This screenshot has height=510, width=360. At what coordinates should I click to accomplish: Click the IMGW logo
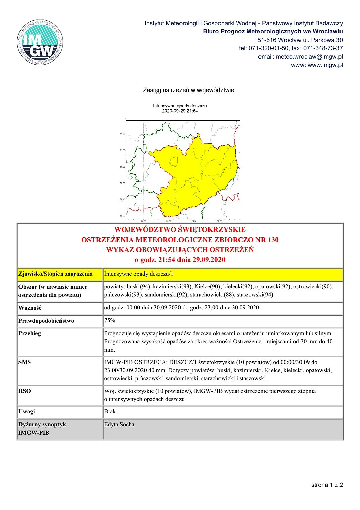pyautogui.click(x=40, y=42)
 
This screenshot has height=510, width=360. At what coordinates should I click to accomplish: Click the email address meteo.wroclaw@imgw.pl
pyautogui.click(x=309, y=57)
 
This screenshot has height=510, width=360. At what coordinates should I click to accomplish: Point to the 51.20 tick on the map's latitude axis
pyautogui.click(x=122, y=134)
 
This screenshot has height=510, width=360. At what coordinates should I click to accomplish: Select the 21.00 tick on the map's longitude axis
pyautogui.click(x=194, y=221)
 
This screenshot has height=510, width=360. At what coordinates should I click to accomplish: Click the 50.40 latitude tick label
pyautogui.click(x=122, y=199)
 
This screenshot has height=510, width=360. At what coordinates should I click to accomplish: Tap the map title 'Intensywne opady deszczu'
pyautogui.click(x=180, y=106)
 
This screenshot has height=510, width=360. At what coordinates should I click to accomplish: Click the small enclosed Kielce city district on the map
pyautogui.click(x=174, y=162)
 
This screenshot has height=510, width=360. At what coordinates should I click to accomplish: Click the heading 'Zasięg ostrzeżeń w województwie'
pyautogui.click(x=188, y=90)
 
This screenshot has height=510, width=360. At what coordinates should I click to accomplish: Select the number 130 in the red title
pyautogui.click(x=273, y=240)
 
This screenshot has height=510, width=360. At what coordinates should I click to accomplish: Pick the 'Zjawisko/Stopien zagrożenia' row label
pyautogui.click(x=55, y=274)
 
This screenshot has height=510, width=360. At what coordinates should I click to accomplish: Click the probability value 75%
pyautogui.click(x=110, y=321)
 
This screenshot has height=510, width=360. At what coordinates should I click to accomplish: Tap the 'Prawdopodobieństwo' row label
pyautogui.click(x=46, y=321)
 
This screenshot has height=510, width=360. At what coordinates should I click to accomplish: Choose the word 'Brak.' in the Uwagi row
pyautogui.click(x=111, y=411)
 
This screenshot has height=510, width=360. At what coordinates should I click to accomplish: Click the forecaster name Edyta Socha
pyautogui.click(x=119, y=424)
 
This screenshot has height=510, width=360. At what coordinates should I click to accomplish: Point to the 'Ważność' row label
pyautogui.click(x=30, y=308)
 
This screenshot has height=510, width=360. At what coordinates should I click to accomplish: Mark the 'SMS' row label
pyautogui.click(x=25, y=362)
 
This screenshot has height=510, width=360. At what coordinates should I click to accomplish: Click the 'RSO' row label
pyautogui.click(x=25, y=391)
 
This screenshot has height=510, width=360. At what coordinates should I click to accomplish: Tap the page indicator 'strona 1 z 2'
pyautogui.click(x=327, y=485)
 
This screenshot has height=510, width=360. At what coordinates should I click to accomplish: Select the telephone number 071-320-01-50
pyautogui.click(x=269, y=48)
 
